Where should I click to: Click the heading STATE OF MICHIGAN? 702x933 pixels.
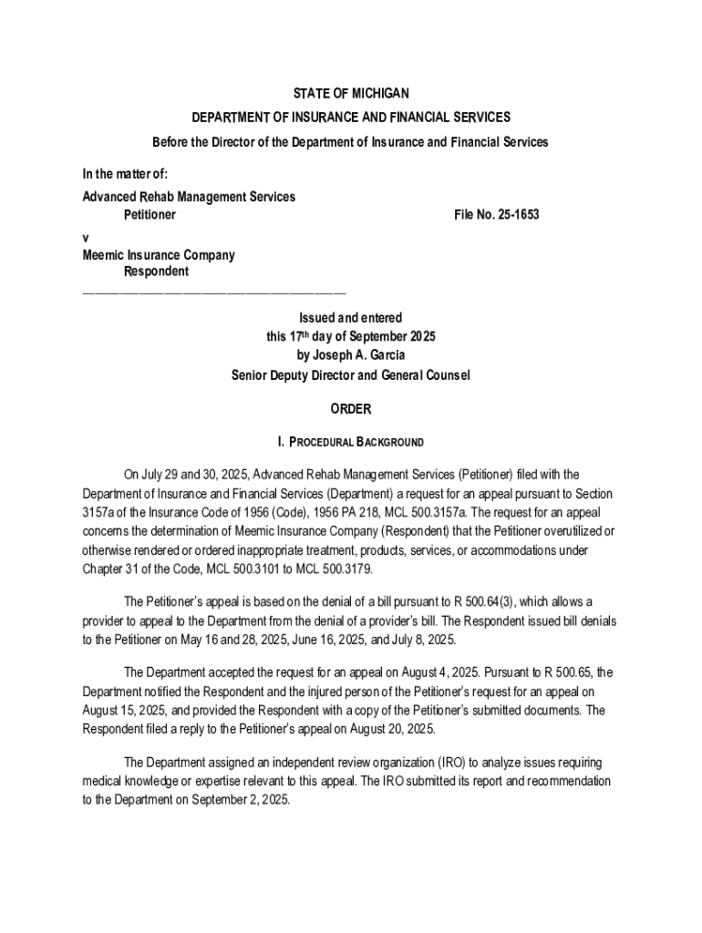click(x=350, y=94)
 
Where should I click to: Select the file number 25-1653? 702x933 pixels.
click(x=499, y=214)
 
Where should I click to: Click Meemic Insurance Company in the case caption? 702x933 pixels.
click(x=158, y=255)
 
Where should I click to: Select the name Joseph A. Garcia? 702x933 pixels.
click(x=350, y=355)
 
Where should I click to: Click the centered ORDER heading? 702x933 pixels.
click(x=350, y=410)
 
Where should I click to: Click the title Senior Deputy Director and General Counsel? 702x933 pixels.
click(x=350, y=374)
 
